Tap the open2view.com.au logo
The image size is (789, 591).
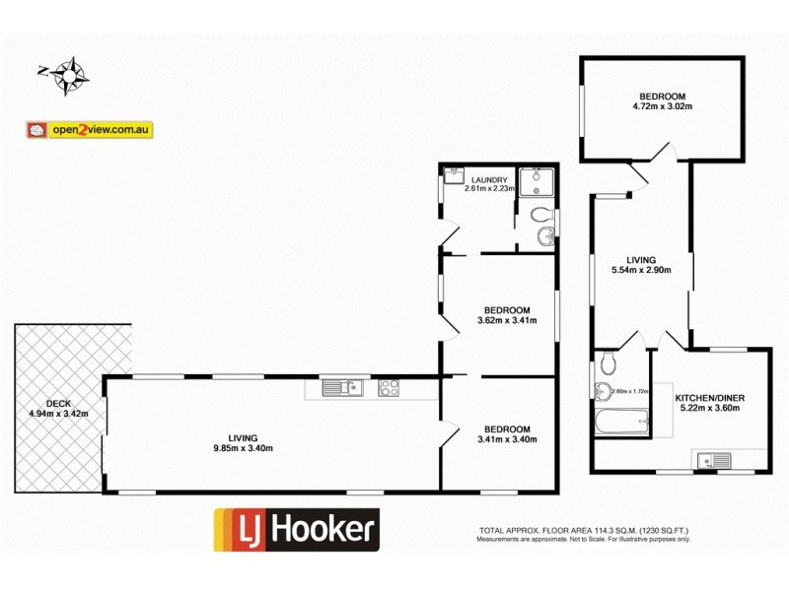(90, 129)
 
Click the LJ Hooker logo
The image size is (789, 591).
(297, 529)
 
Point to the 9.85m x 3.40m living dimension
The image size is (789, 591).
(242, 449)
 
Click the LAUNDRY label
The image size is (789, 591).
(489, 179)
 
